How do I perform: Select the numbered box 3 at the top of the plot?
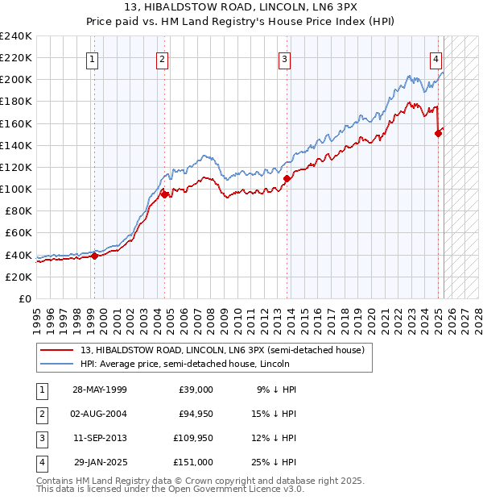(x=285, y=58)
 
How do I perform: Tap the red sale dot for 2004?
(x=164, y=194)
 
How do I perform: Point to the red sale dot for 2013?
(x=287, y=177)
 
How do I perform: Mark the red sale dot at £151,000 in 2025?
(x=438, y=133)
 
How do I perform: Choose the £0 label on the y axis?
(x=23, y=298)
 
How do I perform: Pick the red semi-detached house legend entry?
(x=222, y=350)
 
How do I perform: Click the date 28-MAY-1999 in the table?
(x=99, y=390)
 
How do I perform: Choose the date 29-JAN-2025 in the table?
(x=101, y=462)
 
